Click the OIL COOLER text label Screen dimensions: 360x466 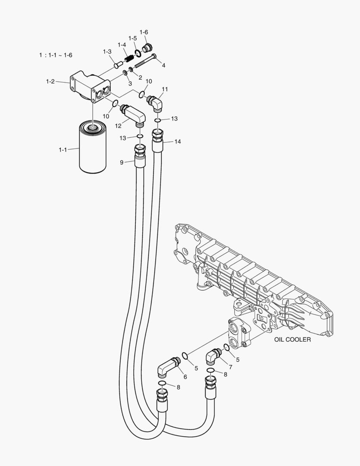(292, 340)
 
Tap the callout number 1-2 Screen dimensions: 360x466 (50, 81)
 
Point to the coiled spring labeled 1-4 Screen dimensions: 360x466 (128, 57)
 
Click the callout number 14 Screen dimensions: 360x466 (177, 142)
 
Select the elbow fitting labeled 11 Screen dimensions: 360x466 (155, 104)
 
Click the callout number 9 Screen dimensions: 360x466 (122, 162)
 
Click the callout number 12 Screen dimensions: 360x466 (118, 126)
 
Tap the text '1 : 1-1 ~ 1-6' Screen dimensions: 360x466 (56, 55)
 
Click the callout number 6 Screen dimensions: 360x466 (185, 377)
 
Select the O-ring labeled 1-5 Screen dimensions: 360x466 (138, 53)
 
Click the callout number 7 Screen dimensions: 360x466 (230, 367)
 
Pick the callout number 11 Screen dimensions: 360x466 (165, 89)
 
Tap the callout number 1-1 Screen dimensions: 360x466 (63, 150)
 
